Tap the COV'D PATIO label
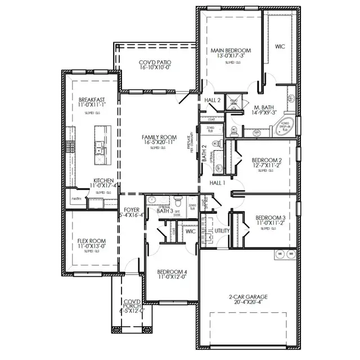[x=155, y=62]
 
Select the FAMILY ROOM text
[x=159, y=137]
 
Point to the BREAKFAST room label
[x=92, y=100]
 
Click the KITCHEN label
[x=103, y=181]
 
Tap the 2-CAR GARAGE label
[x=247, y=297]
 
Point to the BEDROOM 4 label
[x=172, y=272]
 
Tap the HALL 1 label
[x=217, y=183]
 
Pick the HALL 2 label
[x=212, y=100]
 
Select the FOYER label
[x=132, y=209]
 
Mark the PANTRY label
[x=77, y=199]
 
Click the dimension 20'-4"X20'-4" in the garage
[x=247, y=303]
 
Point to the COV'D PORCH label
[x=132, y=302]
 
